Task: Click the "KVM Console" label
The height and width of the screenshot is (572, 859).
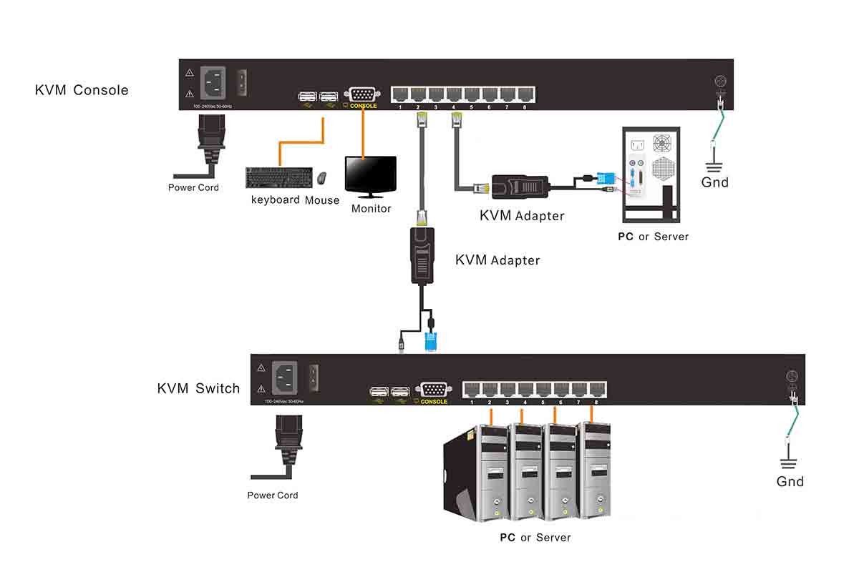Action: [82, 90]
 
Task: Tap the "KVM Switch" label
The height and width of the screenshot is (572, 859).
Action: [198, 388]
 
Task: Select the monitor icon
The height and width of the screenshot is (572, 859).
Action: [371, 176]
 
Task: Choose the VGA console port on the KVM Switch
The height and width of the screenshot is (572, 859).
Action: [434, 390]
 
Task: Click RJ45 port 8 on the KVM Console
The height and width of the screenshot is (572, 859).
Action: [525, 94]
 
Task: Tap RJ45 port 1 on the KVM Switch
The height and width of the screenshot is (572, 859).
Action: [472, 390]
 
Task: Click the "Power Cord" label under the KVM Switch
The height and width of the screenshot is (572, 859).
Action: [273, 495]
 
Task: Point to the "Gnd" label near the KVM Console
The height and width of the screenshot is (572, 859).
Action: [714, 182]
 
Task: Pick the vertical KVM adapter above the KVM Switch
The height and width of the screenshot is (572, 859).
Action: [422, 255]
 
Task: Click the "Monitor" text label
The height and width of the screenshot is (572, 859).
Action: [371, 209]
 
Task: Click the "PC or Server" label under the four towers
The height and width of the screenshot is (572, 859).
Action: [535, 537]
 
